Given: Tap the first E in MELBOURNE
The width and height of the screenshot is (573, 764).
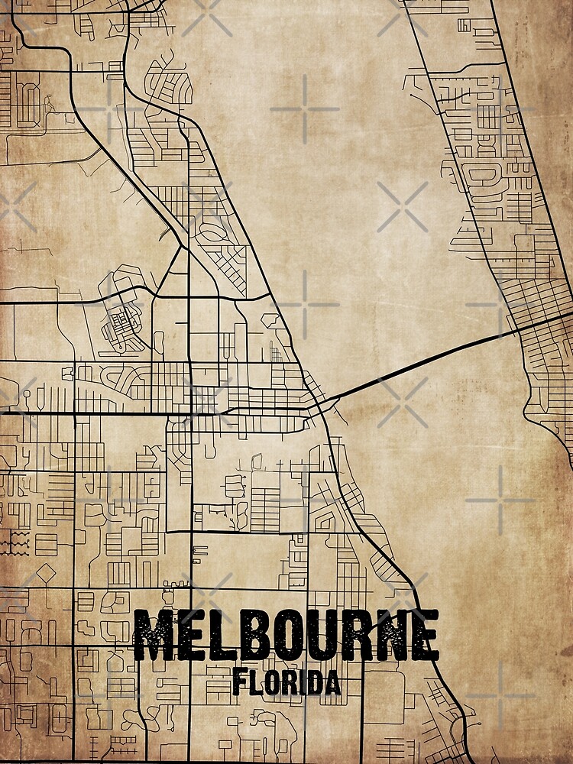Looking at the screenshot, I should [x=192, y=636].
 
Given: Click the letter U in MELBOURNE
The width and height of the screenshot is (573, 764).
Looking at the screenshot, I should [x=323, y=636].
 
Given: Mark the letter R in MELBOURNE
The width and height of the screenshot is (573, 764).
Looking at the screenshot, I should [x=358, y=636].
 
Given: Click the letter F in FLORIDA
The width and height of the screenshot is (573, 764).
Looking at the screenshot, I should [x=239, y=681].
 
